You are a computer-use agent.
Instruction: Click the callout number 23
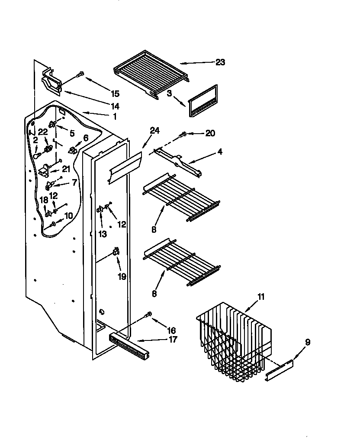pos(220,62)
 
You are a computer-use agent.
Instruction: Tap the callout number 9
pos(307,342)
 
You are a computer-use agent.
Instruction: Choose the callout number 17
pos(173,340)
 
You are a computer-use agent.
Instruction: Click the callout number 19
pos(122,276)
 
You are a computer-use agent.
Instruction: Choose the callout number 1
pos(115,116)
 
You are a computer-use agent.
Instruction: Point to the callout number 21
pos(66,169)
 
